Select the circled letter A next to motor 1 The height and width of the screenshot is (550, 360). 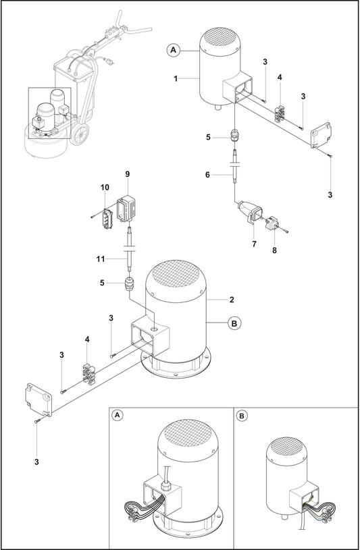[x=173, y=49]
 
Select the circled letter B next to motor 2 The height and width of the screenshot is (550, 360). [x=234, y=324]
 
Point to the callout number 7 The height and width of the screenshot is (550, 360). [x=254, y=244]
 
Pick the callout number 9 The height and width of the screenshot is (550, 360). [x=127, y=174]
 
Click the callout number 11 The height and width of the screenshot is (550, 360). [x=99, y=258]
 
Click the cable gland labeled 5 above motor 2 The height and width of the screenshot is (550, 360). [x=128, y=284]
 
